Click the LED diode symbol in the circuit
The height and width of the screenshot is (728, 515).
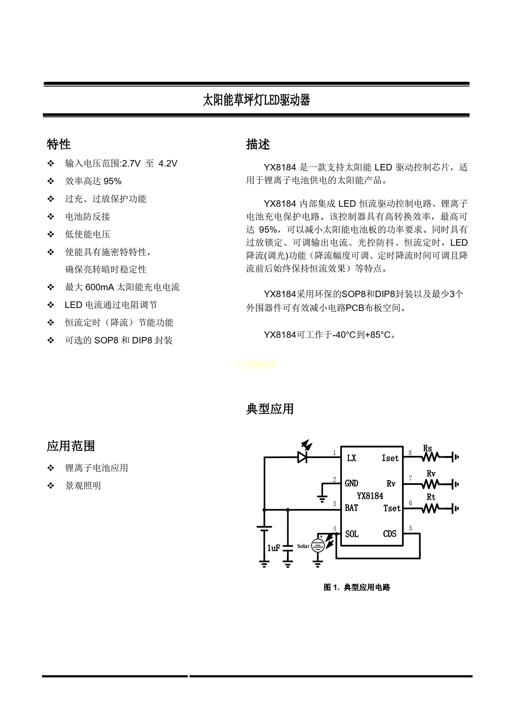point(303,457)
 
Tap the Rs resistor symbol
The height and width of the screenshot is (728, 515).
point(430,457)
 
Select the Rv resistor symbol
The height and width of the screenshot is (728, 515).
point(430,484)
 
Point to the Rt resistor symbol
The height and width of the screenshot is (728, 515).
point(430,509)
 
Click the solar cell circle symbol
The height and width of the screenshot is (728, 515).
point(318,546)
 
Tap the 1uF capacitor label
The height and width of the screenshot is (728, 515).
point(274,548)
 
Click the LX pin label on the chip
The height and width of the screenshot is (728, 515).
point(351,458)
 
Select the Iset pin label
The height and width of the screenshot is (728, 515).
point(390,458)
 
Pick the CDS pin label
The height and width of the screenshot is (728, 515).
point(389,534)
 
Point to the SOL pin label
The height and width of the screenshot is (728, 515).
point(352,534)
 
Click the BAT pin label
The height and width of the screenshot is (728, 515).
point(351,508)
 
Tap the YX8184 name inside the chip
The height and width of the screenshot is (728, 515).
point(370,496)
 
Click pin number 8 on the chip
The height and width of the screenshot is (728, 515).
point(410,453)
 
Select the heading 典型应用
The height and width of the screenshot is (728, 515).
point(270,409)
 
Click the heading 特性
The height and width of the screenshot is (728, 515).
point(59,144)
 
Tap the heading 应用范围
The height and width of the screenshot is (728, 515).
point(71,446)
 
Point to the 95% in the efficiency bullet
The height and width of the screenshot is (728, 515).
point(113,181)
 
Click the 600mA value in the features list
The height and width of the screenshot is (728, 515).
point(100,287)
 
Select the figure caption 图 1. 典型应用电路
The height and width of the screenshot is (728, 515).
point(357,587)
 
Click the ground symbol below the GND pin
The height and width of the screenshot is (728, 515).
point(322,499)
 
